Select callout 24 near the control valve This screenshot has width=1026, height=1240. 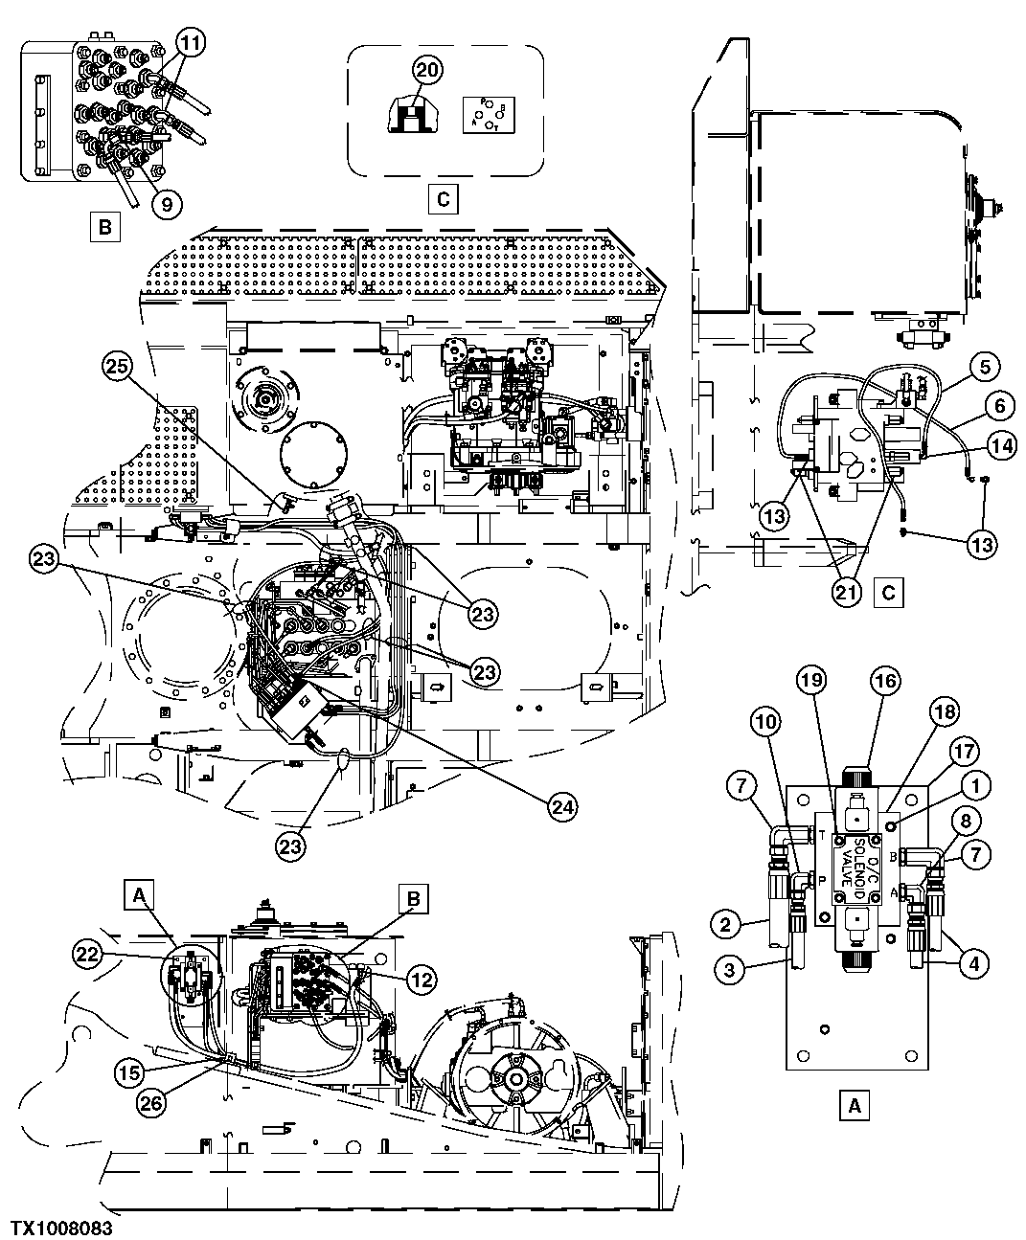pos(562,807)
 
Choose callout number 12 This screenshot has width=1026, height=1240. pos(422,978)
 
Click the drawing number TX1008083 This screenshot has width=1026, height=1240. pos(61,1226)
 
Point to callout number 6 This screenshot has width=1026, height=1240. pos(998,405)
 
